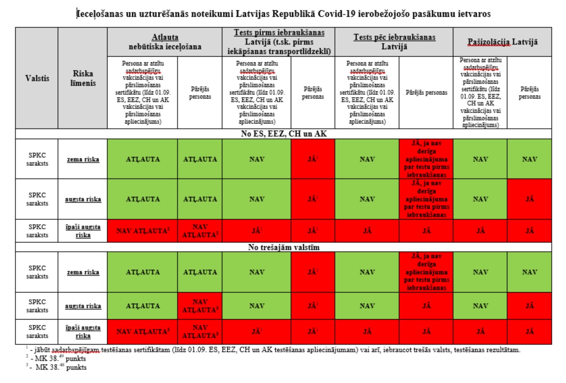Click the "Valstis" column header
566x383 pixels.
(37, 78)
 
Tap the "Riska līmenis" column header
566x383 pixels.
(82, 78)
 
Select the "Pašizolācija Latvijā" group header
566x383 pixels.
(502, 42)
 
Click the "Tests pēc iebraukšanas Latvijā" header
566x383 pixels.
(394, 42)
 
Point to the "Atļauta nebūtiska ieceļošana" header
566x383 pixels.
(164, 41)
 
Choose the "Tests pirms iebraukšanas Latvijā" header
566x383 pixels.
(279, 42)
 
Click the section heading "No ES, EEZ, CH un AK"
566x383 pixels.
(283, 134)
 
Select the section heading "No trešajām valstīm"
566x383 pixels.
(283, 247)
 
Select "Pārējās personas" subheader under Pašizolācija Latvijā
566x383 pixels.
(529, 93)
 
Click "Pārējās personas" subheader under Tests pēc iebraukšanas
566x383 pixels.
(426, 93)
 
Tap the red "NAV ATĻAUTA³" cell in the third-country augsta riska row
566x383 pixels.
(200, 306)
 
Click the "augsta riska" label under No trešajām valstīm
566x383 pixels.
(82, 306)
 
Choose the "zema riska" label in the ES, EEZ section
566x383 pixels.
(82, 159)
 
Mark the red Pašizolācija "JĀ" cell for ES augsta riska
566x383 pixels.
(529, 199)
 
